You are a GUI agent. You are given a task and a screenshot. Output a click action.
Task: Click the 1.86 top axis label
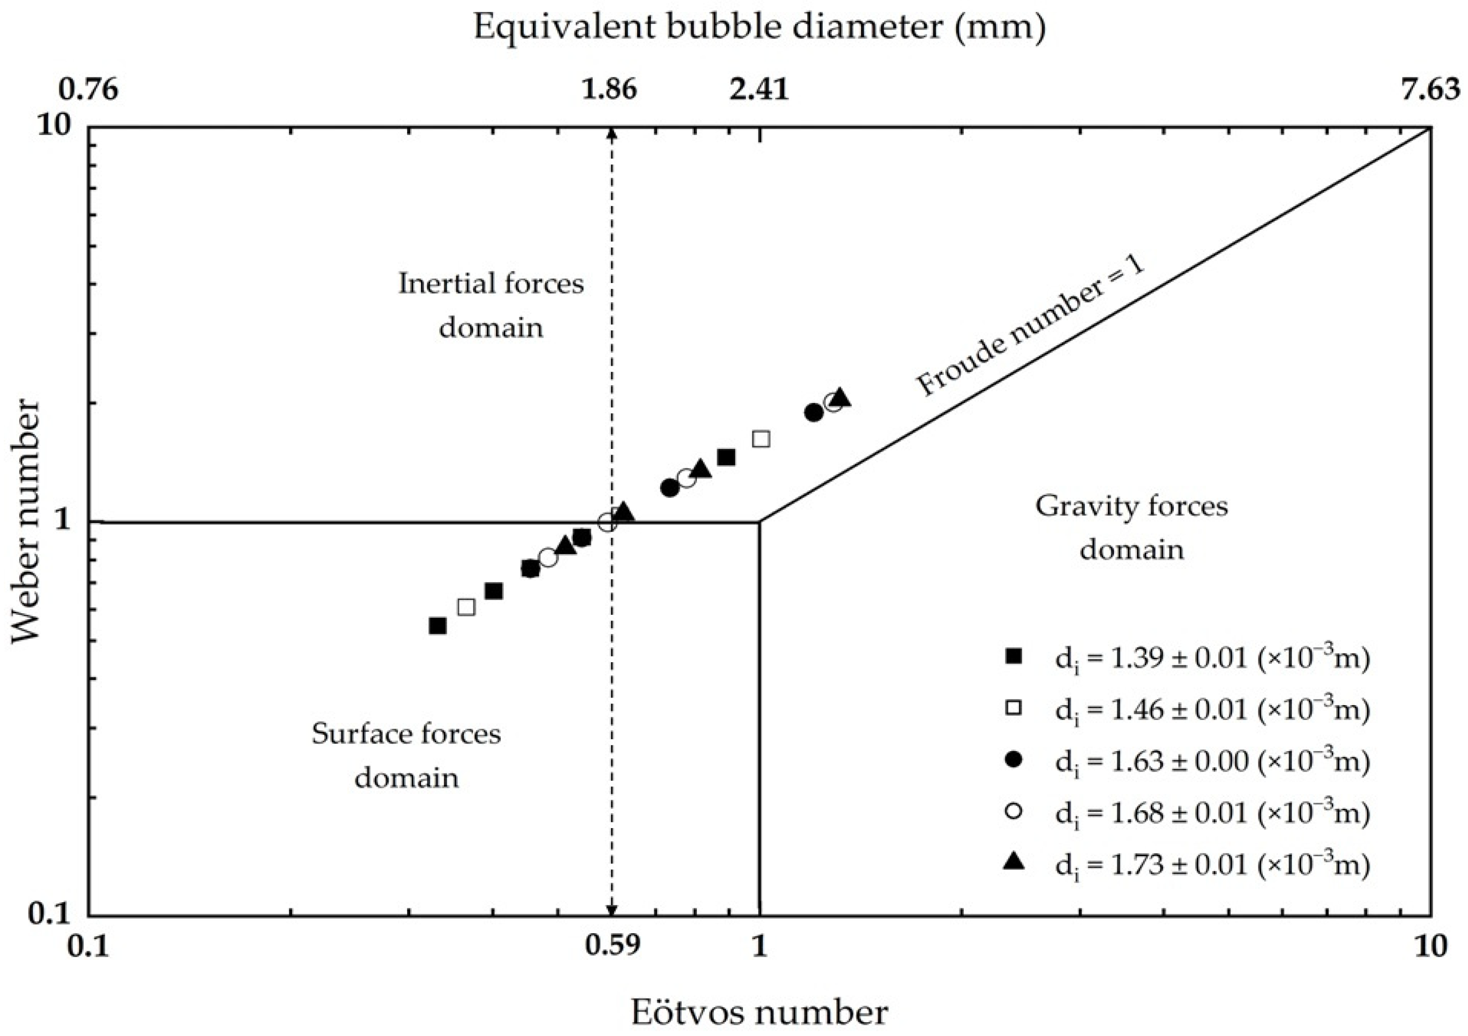click(609, 89)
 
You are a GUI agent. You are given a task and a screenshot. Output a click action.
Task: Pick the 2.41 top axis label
click(760, 89)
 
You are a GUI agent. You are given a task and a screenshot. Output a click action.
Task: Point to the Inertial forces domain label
click(491, 305)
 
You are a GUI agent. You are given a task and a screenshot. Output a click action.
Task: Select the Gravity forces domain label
click(1132, 528)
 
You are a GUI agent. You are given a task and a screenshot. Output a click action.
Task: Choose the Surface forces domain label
click(407, 755)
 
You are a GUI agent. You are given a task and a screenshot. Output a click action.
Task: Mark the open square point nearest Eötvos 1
click(761, 438)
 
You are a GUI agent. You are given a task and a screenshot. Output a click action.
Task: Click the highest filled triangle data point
click(840, 398)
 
